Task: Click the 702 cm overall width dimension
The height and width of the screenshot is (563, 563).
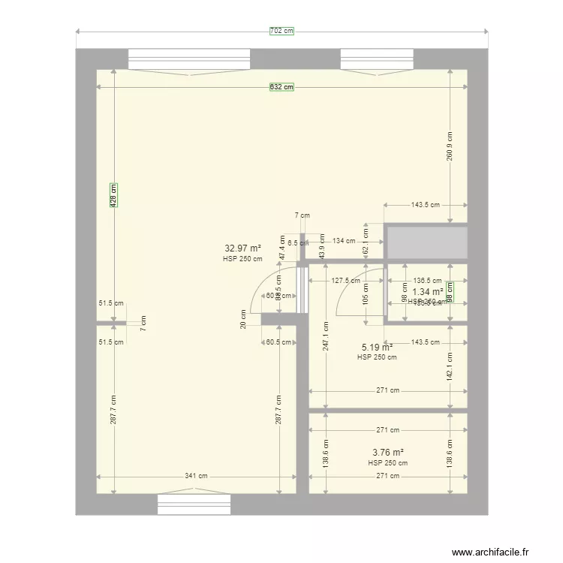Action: pyautogui.click(x=281, y=31)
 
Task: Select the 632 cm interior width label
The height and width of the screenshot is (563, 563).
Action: pyautogui.click(x=281, y=87)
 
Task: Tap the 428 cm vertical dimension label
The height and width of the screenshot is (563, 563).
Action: pyautogui.click(x=113, y=196)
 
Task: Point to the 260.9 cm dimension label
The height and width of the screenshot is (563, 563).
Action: pyautogui.click(x=450, y=146)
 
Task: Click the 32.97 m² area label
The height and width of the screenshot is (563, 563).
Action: pyautogui.click(x=242, y=248)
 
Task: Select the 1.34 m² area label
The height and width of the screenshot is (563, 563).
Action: pyautogui.click(x=427, y=292)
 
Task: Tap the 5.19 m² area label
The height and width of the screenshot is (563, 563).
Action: pyautogui.click(x=377, y=348)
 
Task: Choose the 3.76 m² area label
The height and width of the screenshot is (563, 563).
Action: pyautogui.click(x=388, y=453)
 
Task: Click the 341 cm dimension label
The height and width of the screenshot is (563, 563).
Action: pyautogui.click(x=197, y=476)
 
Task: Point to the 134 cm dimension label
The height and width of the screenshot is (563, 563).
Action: pyautogui.click(x=344, y=241)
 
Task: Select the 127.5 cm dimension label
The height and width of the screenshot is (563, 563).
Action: pyautogui.click(x=346, y=281)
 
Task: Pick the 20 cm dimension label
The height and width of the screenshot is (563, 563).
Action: pyautogui.click(x=243, y=319)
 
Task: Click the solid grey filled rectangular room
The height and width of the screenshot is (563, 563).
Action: pyautogui.click(x=426, y=243)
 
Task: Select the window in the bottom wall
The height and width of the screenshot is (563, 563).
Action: pyautogui.click(x=194, y=504)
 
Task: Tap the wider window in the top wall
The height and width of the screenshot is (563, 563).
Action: pyautogui.click(x=189, y=59)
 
